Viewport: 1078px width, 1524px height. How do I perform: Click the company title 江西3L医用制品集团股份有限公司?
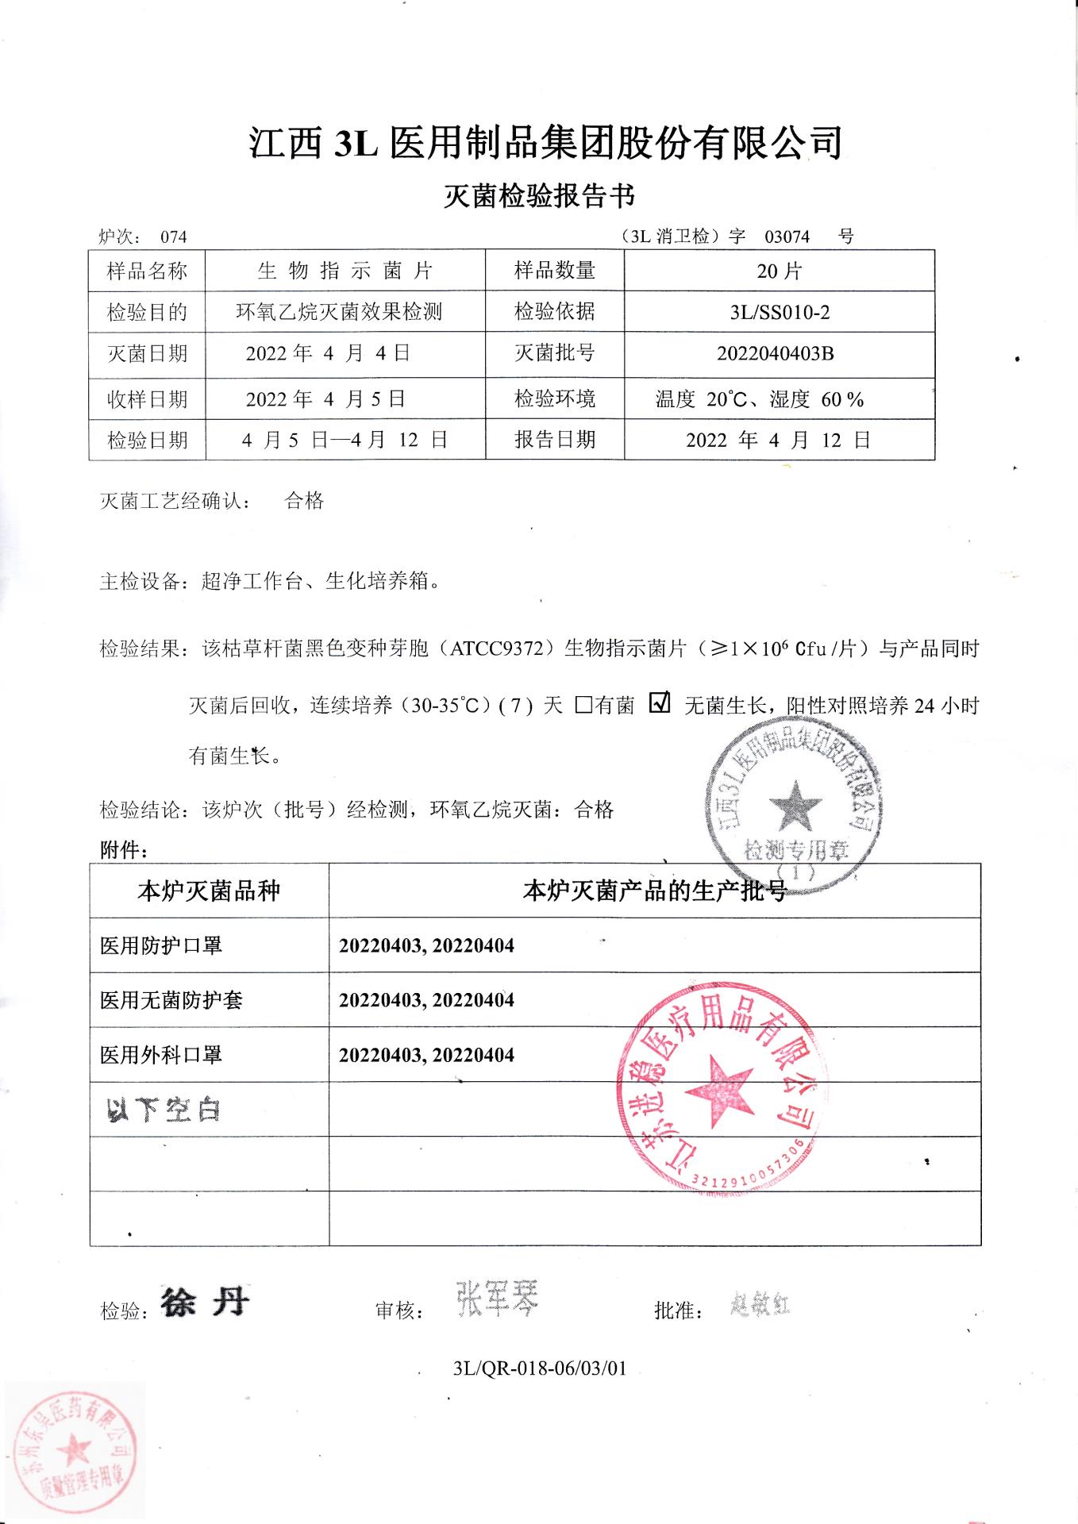(545, 144)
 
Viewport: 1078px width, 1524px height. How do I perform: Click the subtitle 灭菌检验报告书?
(540, 196)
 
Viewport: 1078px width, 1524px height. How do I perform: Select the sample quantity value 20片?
(779, 271)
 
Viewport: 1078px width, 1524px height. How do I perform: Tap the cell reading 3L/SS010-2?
(779, 313)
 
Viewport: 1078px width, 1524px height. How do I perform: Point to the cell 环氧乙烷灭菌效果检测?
(339, 312)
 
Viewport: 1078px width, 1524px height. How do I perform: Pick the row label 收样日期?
(147, 399)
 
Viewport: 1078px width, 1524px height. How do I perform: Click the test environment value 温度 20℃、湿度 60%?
(759, 399)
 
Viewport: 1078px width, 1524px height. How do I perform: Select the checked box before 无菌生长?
(660, 702)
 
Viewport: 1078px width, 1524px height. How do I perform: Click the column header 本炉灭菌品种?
(209, 891)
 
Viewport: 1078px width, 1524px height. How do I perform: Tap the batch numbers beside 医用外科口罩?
(426, 1055)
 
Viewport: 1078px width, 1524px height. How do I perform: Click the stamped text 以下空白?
(163, 1110)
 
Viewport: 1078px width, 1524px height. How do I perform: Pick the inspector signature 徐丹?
(205, 1303)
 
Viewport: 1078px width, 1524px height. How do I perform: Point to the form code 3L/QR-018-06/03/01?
(539, 1368)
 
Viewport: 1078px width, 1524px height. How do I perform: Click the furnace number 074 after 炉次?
(173, 237)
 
